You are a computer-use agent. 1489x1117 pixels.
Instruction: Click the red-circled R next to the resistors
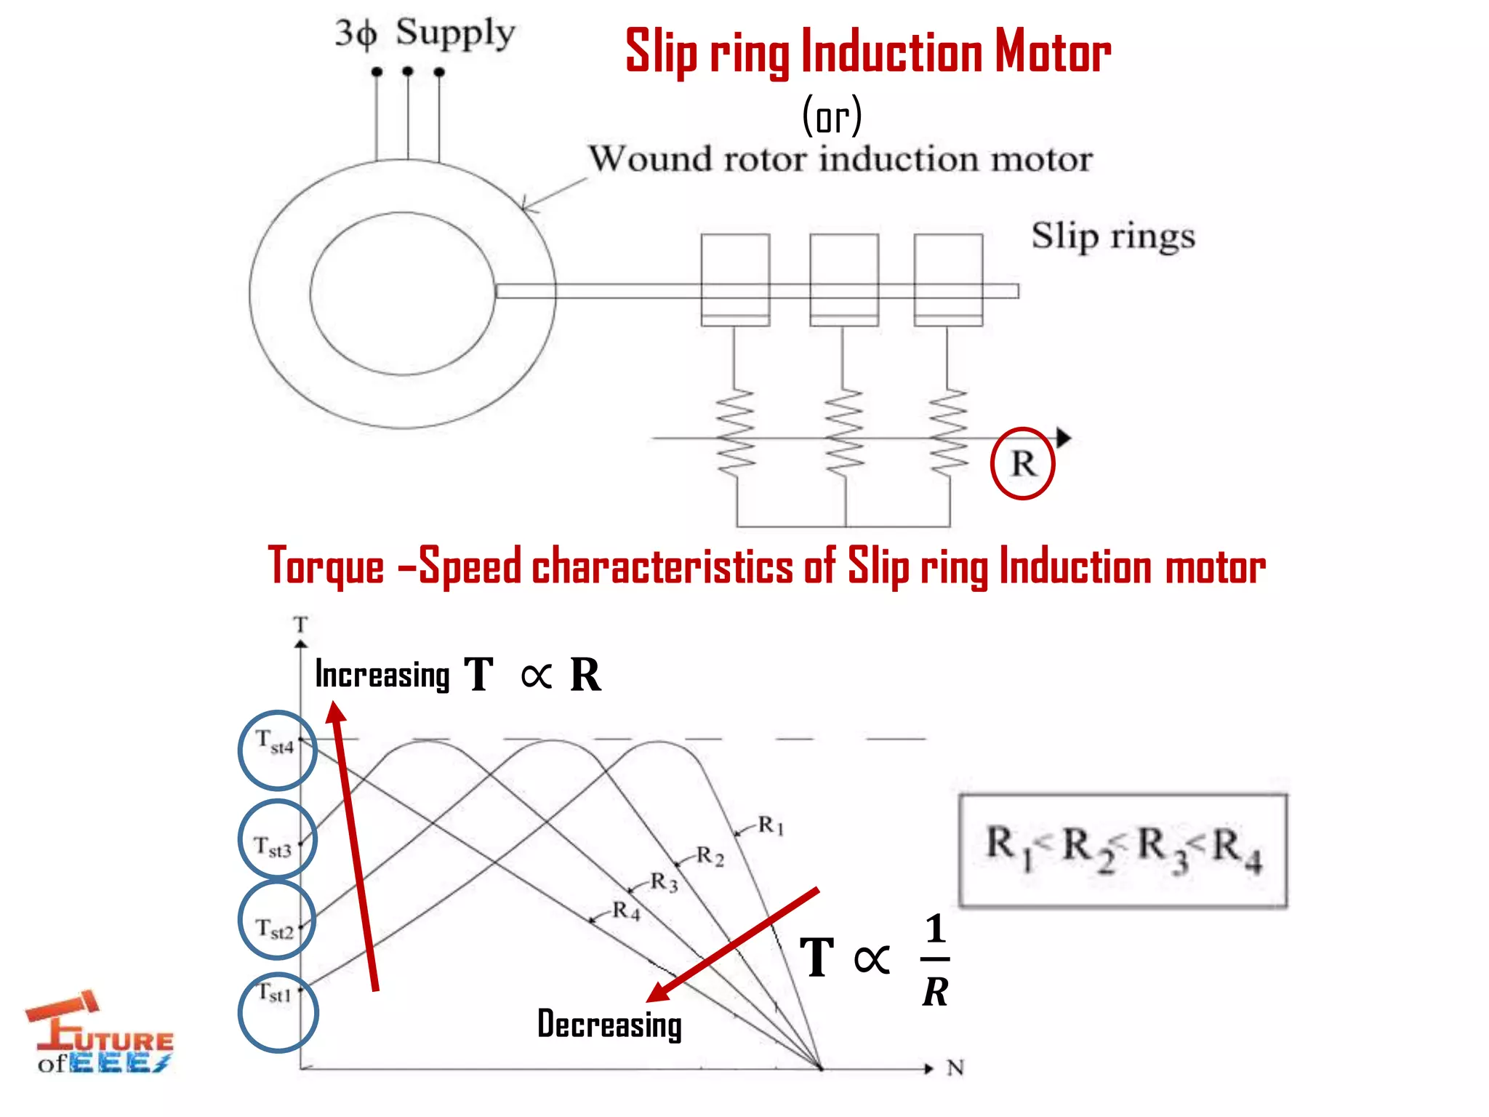click(x=1022, y=463)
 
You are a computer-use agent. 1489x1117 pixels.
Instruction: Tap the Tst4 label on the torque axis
click(x=276, y=742)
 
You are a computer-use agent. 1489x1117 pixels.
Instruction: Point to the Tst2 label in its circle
click(x=275, y=928)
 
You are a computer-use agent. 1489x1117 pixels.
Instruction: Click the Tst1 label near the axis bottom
click(x=275, y=993)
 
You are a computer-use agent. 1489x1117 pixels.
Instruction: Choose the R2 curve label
click(x=710, y=856)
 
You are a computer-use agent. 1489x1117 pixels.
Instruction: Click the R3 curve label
click(x=664, y=882)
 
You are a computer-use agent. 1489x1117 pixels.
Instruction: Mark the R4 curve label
click(x=626, y=910)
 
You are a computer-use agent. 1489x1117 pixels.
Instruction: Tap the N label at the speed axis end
click(x=955, y=1068)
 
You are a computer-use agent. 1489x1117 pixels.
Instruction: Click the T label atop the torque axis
click(x=301, y=625)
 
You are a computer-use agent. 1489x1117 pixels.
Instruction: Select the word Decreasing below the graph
click(x=609, y=1024)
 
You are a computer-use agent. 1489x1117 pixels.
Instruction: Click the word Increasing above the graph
click(x=382, y=675)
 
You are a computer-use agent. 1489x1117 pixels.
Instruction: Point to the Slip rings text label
click(x=1113, y=236)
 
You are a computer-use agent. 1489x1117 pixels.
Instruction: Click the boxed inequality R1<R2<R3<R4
click(x=1123, y=850)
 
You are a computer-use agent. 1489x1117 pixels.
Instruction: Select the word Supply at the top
click(x=455, y=33)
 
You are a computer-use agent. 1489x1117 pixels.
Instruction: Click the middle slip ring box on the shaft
click(x=844, y=280)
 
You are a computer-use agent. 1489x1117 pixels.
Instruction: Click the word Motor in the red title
click(x=1053, y=52)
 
